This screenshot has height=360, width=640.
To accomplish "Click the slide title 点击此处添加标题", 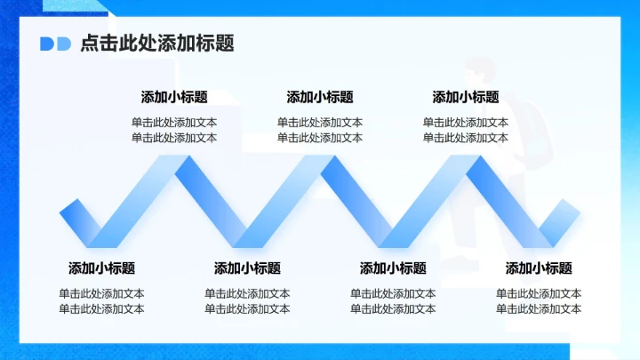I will pyautogui.click(x=156, y=43).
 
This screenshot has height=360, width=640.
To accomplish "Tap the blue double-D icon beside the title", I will pyautogui.click(x=55, y=44).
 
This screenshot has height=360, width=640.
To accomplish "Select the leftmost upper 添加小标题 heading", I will pyautogui.click(x=174, y=97).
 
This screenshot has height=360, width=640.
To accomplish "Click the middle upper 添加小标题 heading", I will pyautogui.click(x=320, y=97).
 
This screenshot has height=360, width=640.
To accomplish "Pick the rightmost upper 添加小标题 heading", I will pyautogui.click(x=466, y=97).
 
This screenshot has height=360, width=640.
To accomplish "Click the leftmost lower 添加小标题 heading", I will pyautogui.click(x=101, y=268).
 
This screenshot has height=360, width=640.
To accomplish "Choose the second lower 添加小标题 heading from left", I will pyautogui.click(x=247, y=268).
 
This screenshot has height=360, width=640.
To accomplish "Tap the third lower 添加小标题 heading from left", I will pyautogui.click(x=393, y=268).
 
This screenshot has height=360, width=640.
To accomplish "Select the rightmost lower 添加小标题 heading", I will pyautogui.click(x=539, y=268).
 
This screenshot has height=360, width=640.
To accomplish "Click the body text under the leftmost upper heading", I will pyautogui.click(x=174, y=130).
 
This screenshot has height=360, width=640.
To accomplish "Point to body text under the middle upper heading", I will pyautogui.click(x=320, y=130).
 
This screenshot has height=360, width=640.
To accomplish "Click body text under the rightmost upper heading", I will pyautogui.click(x=466, y=130).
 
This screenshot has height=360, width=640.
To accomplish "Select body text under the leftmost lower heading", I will pyautogui.click(x=101, y=301).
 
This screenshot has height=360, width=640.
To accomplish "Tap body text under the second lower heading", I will pyautogui.click(x=247, y=301).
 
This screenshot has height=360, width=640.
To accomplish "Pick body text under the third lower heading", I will pyautogui.click(x=393, y=301).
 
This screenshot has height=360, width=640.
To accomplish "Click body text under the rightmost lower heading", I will pyautogui.click(x=539, y=301).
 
